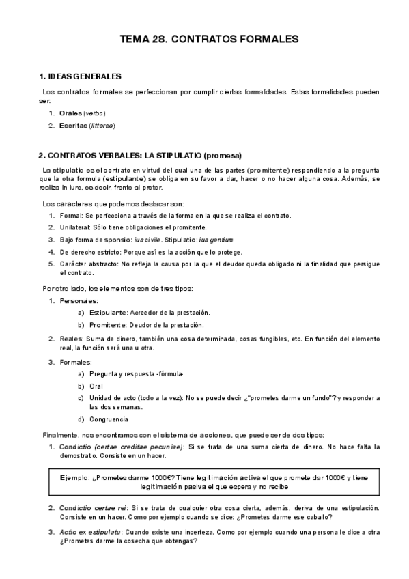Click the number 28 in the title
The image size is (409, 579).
161,40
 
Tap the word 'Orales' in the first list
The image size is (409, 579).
70,113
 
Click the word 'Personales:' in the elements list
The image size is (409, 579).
79,300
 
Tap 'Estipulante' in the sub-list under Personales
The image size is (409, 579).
107,313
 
